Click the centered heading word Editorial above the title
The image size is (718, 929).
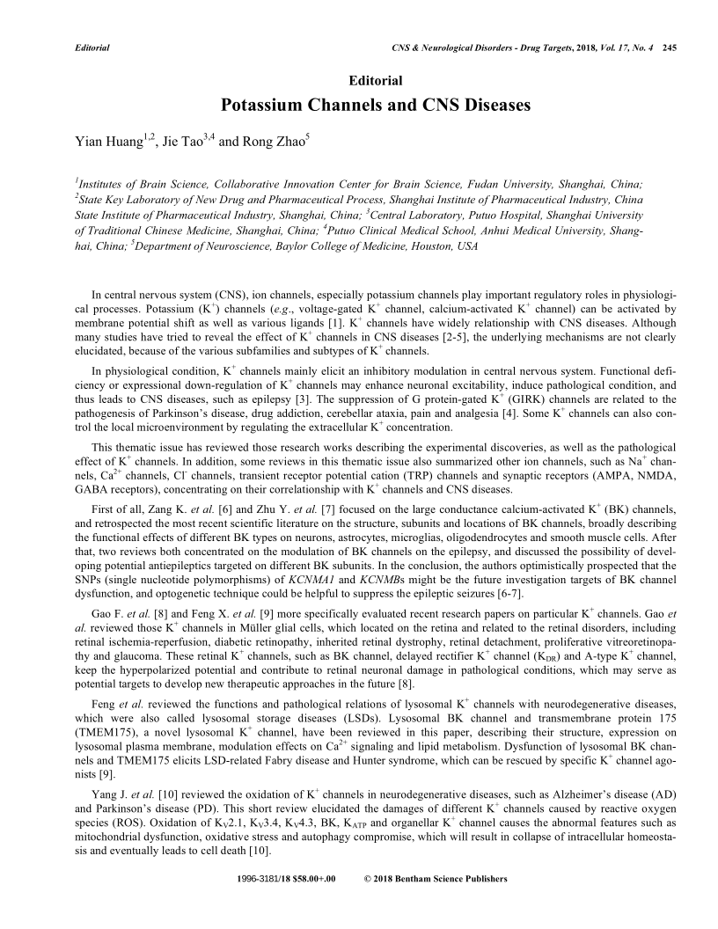coord(376,80)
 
